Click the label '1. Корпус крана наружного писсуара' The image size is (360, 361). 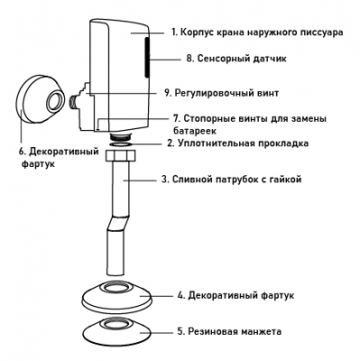257,32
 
